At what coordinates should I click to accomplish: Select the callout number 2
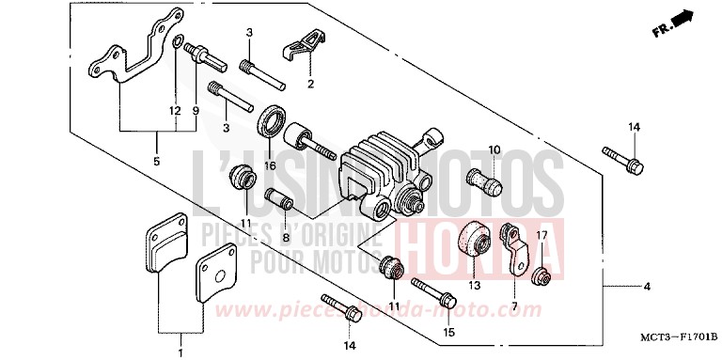[x=311, y=82]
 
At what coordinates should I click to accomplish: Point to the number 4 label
[x=647, y=286]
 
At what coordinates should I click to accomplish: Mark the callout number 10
[x=494, y=149]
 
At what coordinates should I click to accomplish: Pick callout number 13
[x=474, y=285]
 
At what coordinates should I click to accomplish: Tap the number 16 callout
[x=269, y=165]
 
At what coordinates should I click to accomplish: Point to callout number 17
[x=541, y=235]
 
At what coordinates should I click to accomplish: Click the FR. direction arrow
[x=676, y=24]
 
